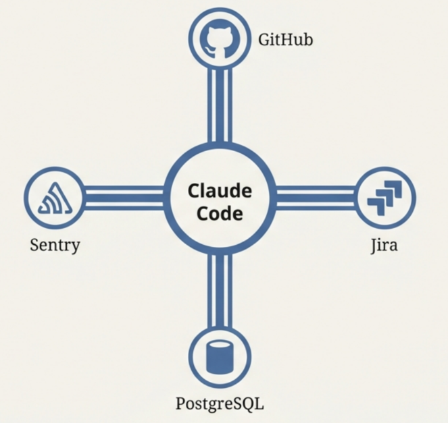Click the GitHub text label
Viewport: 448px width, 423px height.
(x=285, y=40)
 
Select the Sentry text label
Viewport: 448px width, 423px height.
(x=55, y=244)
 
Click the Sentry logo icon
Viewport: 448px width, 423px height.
(x=54, y=198)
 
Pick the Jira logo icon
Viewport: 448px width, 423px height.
(x=384, y=198)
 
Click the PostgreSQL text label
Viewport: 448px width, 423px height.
(x=220, y=404)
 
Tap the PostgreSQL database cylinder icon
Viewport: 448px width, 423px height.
(x=220, y=358)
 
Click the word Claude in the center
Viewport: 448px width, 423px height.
(x=220, y=190)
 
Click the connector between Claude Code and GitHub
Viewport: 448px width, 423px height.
(x=220, y=101)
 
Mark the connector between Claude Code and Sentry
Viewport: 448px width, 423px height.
(x=125, y=198)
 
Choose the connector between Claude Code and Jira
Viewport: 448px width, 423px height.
(x=314, y=198)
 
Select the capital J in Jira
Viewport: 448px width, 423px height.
(x=374, y=245)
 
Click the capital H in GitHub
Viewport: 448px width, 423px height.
(x=289, y=40)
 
